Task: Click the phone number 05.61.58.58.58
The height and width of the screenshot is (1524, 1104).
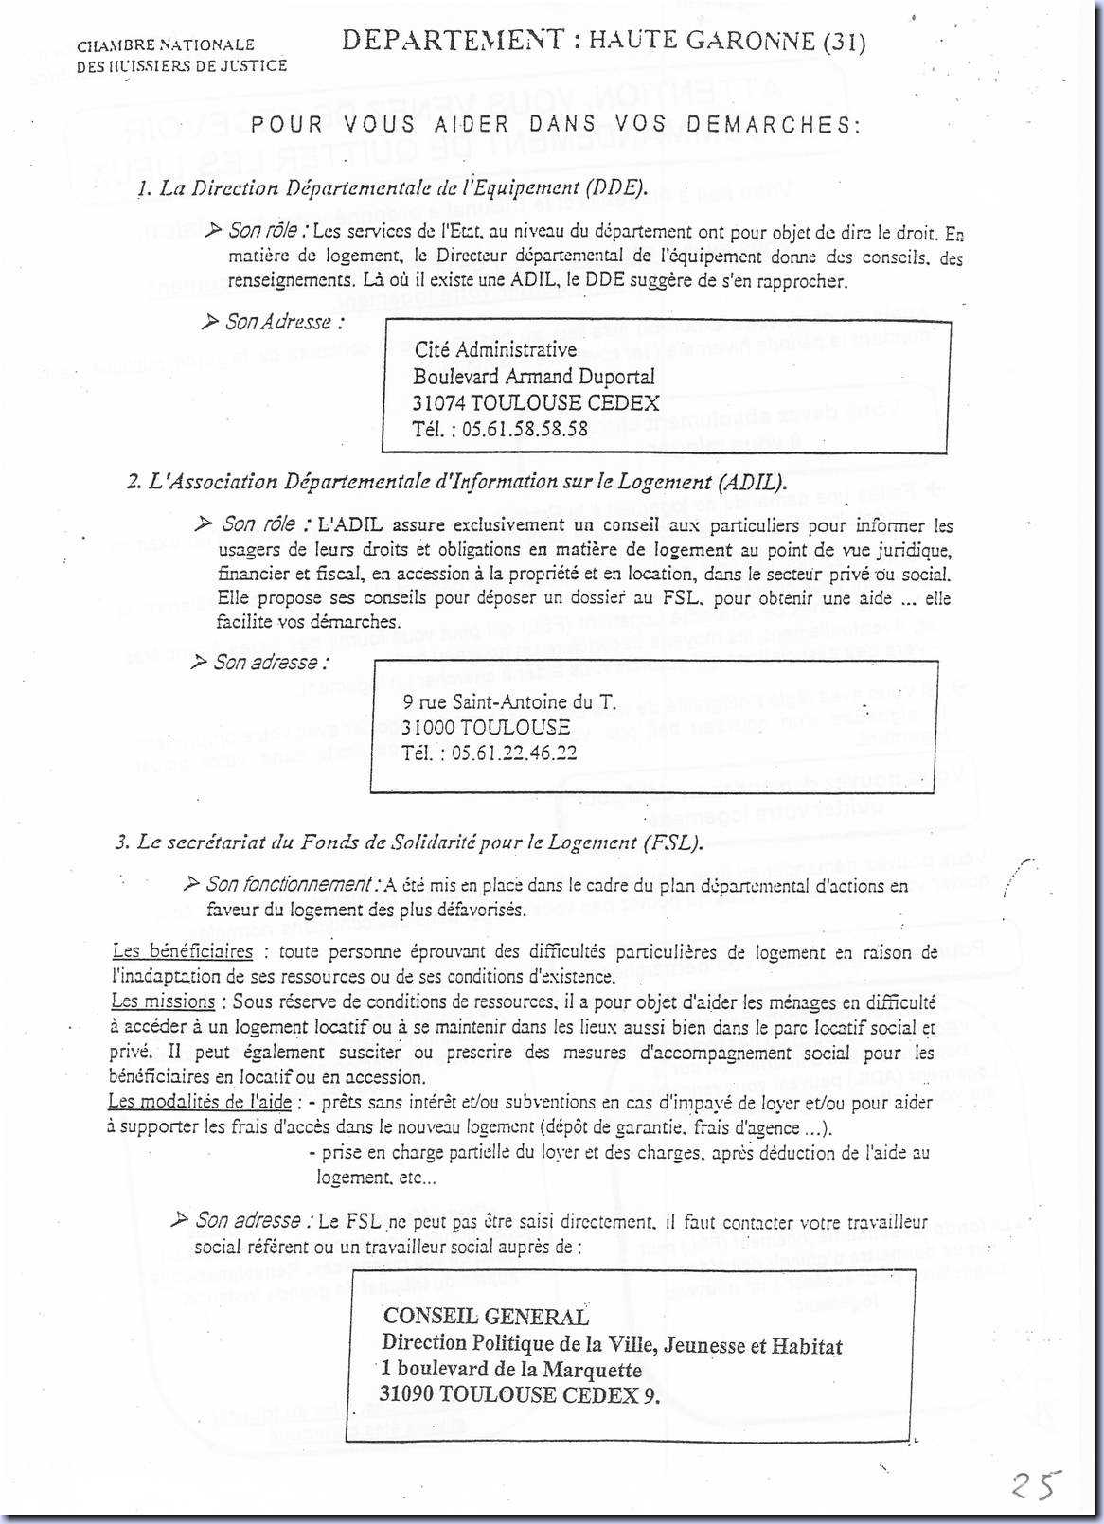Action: pyautogui.click(x=525, y=429)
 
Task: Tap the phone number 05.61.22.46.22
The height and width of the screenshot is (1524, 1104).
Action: pyautogui.click(x=514, y=753)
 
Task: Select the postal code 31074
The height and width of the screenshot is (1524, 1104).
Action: pyautogui.click(x=438, y=402)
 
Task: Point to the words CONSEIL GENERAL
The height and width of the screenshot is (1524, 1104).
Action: pyautogui.click(x=486, y=1316)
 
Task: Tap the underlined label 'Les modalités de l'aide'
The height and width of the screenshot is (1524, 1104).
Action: pyautogui.click(x=200, y=1102)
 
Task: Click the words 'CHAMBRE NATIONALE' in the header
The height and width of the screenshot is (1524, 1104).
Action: pyautogui.click(x=166, y=44)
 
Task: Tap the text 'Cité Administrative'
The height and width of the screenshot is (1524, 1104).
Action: pyautogui.click(x=495, y=350)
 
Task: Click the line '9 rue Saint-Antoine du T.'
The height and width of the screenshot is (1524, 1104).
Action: pyautogui.click(x=508, y=701)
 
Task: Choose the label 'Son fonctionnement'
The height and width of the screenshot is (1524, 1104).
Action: pyautogui.click(x=288, y=884)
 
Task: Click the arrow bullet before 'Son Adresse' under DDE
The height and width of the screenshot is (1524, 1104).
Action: pyautogui.click(x=210, y=323)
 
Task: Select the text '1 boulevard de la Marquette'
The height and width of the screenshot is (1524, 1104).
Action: pyautogui.click(x=511, y=1369)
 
